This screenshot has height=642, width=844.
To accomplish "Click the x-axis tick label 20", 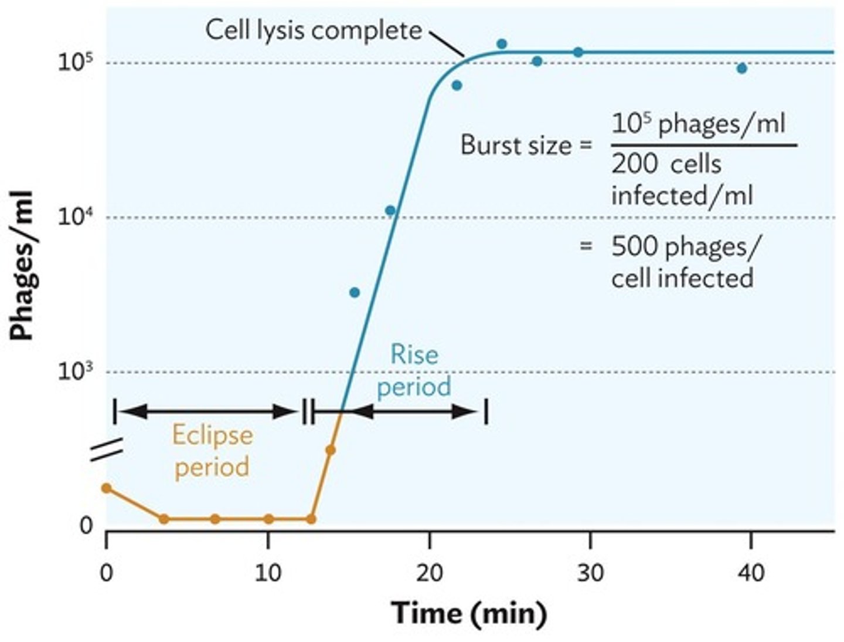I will (429, 572).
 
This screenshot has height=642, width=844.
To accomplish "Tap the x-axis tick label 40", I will (751, 572).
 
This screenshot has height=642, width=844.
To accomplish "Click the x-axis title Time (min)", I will (469, 614).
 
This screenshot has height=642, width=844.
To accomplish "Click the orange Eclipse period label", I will (212, 451).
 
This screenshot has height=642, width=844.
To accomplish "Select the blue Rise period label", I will (414, 370).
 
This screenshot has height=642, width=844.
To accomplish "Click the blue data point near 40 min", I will (741, 68).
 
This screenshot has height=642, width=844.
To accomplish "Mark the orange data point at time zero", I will (106, 488).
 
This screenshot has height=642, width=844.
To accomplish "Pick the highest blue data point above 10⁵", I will (501, 43).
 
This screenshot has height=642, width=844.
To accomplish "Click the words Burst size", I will (515, 145).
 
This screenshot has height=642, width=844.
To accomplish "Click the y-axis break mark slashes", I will (107, 450).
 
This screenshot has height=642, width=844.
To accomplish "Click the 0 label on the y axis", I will (86, 526).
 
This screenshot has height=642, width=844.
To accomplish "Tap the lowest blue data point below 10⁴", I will (354, 292).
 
